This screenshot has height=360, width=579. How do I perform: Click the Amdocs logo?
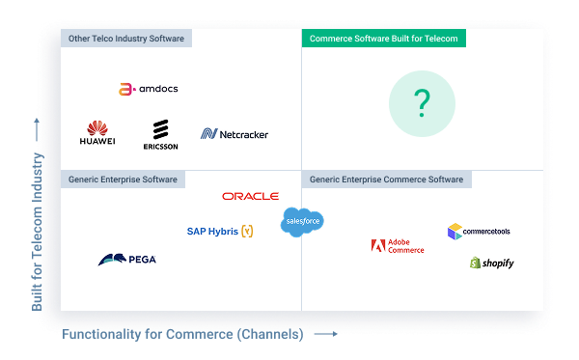coord(148,89)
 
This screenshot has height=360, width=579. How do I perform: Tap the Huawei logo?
coord(96,133)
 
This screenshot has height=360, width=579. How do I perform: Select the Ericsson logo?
coord(159,135)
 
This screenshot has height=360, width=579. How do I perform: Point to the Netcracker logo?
coord(234,134)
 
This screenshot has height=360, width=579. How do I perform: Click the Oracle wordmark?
coord(250,196)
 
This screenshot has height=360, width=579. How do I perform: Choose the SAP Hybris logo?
coord(220,232)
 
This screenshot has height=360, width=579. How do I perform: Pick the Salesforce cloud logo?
coord(302,222)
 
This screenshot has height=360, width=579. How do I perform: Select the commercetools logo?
coord(479,232)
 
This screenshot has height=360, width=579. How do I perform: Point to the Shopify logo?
coord(492,263)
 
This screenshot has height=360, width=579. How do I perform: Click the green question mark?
coord(422,103)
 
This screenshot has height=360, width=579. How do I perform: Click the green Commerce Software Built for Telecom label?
coord(384,39)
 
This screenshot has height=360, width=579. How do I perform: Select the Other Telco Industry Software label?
coord(125,39)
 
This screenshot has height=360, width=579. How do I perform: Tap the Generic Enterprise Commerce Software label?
coord(386,180)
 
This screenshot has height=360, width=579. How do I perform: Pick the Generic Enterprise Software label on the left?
coord(122,180)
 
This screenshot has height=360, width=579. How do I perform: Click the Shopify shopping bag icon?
coord(476,263)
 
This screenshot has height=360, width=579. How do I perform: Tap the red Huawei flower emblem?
coord(96,127)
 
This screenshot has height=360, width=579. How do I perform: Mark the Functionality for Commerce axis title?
coord(183,335)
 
